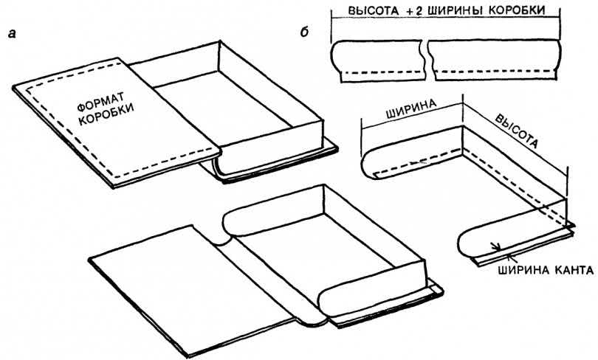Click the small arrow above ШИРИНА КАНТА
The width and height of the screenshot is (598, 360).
[496, 248]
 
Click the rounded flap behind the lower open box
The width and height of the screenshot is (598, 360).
[244, 222]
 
